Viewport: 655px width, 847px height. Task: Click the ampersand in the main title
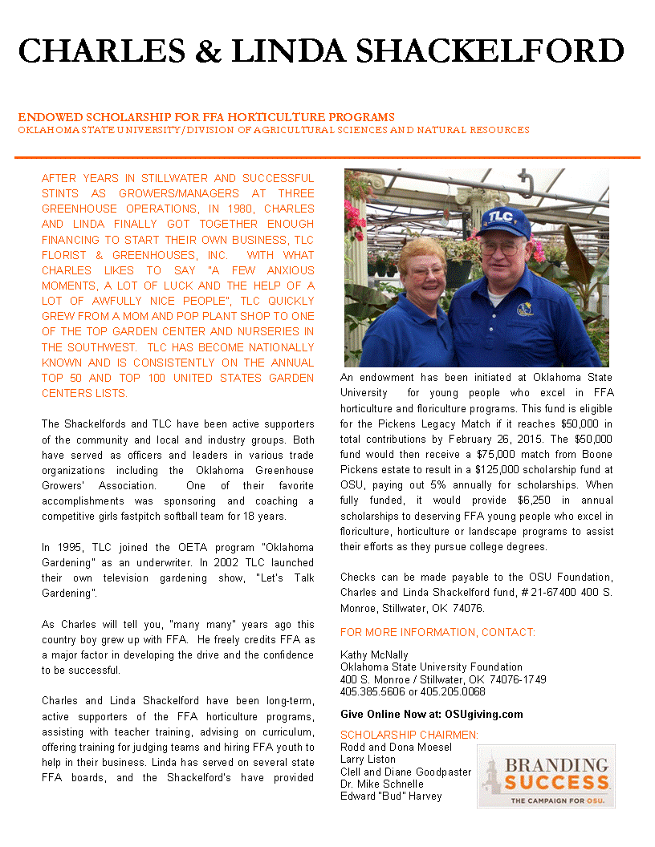pos(210,51)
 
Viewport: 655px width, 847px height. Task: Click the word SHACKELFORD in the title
pos(490,51)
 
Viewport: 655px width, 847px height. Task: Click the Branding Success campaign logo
pos(546,776)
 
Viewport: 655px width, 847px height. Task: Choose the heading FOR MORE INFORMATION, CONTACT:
pos(437,633)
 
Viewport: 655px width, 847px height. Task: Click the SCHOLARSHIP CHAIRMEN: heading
pos(409,735)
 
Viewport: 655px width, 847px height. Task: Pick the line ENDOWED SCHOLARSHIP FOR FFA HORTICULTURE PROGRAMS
pos(206,117)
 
